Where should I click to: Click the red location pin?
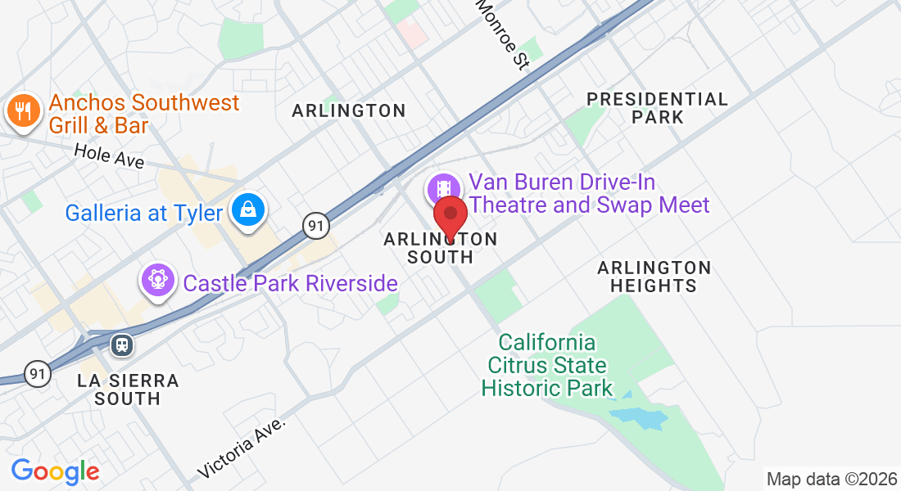450,218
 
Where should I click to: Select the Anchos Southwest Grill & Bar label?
143,114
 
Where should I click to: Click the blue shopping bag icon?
247,210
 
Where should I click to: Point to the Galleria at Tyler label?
144,214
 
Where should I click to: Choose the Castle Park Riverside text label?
290,284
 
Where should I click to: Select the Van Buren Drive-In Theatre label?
588,193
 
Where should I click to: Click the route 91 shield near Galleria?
315,225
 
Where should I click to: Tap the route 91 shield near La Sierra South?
38,374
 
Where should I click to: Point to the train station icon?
122,345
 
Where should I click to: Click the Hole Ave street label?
109,155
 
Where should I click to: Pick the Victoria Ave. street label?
243,448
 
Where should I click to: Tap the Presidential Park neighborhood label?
658,108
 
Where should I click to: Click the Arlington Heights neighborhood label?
654,277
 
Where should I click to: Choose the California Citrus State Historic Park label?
547,365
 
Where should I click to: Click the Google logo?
55,471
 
